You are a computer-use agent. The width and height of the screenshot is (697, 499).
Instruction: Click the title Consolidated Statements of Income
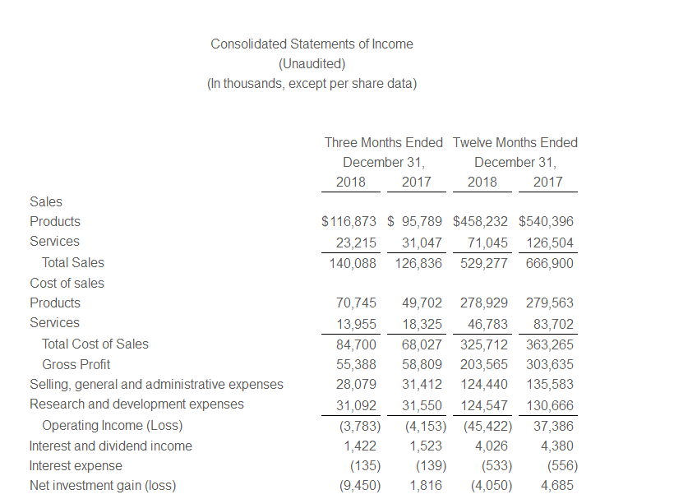click(x=312, y=44)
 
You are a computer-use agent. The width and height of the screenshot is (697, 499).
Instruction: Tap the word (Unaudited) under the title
click(x=312, y=63)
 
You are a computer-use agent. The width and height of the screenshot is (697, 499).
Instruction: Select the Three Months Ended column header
click(x=384, y=142)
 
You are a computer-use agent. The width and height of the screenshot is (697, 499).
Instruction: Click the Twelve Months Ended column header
click(x=515, y=142)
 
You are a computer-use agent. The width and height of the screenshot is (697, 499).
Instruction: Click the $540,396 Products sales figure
click(x=547, y=221)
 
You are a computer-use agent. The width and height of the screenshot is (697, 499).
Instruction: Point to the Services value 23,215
click(x=358, y=242)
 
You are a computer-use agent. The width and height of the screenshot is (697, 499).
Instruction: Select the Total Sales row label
click(x=73, y=263)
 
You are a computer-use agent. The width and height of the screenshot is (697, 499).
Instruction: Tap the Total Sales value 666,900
click(x=550, y=263)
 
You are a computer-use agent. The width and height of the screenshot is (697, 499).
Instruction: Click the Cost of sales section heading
click(x=67, y=283)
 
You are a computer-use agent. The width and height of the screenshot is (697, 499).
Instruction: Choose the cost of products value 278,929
click(x=484, y=303)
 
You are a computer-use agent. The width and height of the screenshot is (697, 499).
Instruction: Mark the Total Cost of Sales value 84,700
click(x=358, y=344)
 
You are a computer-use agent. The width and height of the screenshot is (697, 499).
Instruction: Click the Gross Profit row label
click(x=76, y=364)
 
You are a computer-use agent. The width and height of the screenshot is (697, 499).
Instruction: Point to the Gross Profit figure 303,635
click(x=550, y=364)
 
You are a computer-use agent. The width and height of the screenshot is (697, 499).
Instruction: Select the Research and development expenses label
click(x=136, y=404)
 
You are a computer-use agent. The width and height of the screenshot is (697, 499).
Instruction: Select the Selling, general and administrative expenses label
click(x=156, y=384)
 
